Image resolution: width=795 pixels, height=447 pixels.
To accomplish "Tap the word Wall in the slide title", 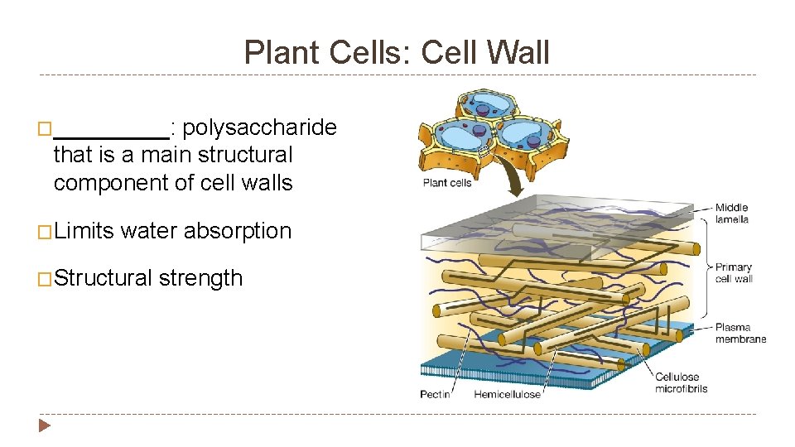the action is tap(519, 53).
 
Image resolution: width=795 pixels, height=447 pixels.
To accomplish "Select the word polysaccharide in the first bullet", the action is tap(259, 127).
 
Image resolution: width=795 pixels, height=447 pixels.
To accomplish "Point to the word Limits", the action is tap(84, 231).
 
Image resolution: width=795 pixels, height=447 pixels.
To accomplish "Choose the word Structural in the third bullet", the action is tap(104, 278).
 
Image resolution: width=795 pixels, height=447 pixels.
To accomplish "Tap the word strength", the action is tap(201, 278).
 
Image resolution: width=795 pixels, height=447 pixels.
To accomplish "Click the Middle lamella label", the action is tap(732, 214).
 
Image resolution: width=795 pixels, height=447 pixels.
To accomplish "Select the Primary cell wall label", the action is tap(734, 272).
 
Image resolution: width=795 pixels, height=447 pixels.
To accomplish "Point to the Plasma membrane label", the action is tap(740, 333).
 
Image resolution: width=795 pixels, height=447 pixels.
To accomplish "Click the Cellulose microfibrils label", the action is tap(681, 382).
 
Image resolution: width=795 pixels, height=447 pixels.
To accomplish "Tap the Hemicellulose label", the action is tap(507, 394).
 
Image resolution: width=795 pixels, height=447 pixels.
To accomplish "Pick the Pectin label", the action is tap(435, 394).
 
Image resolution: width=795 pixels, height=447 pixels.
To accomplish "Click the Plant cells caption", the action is tap(447, 183).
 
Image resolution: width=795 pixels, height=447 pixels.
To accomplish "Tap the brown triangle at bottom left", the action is tap(45, 426).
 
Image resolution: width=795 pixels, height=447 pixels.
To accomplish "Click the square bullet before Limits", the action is tap(46, 232).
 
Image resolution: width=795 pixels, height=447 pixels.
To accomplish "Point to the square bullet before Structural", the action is tap(46, 279).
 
